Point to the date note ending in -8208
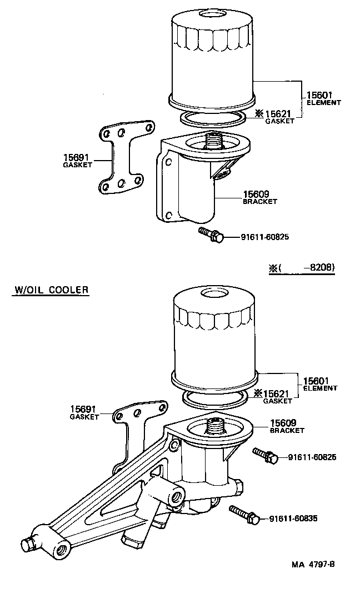click(x=302, y=267)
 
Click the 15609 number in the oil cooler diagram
click(x=283, y=422)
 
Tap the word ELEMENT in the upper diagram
click(x=323, y=102)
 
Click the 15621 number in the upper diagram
click(x=278, y=113)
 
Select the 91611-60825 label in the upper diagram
click(x=265, y=237)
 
